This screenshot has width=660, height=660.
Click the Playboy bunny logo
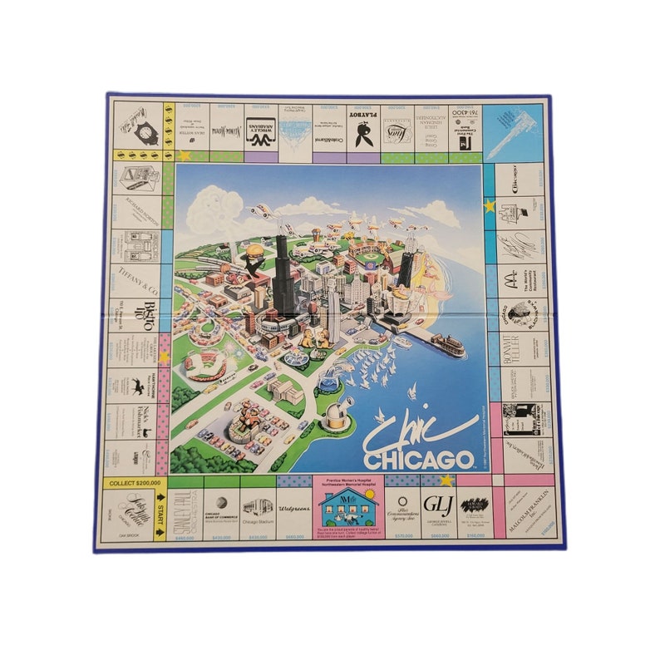[x=363, y=133]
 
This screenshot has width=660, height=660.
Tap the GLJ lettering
[x=436, y=504]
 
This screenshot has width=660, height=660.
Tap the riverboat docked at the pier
[x=447, y=344]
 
